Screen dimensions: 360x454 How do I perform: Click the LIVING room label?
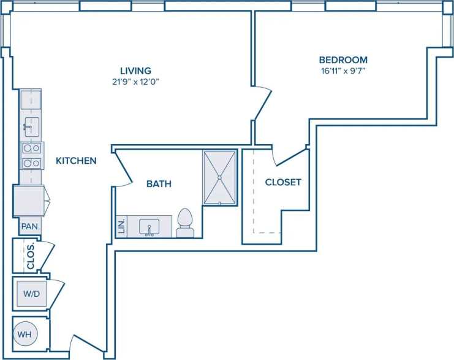(x=135, y=71)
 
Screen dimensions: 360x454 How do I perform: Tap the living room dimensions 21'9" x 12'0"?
(x=135, y=81)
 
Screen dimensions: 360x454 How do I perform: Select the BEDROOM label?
(x=343, y=60)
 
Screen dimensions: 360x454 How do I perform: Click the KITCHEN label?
(x=76, y=161)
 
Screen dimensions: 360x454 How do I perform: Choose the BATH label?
(x=159, y=183)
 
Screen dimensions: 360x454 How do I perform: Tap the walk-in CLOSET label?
(x=283, y=182)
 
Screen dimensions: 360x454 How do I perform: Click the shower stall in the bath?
(x=219, y=178)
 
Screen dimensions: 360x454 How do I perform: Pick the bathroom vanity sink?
(x=149, y=227)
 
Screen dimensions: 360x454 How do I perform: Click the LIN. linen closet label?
(x=121, y=226)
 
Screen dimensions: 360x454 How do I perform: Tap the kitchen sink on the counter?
(x=31, y=127)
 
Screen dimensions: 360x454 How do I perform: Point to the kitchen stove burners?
(x=31, y=155)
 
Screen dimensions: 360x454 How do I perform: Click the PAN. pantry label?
(x=31, y=226)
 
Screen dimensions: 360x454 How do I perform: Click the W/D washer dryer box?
(x=32, y=294)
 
